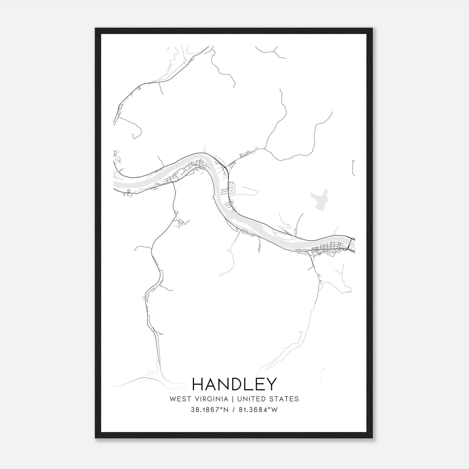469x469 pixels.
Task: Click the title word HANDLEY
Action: coord(234,384)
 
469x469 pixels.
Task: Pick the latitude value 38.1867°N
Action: coord(210,410)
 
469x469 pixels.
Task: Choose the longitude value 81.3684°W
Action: coord(257,410)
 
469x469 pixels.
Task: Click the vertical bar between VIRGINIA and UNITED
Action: coord(233,399)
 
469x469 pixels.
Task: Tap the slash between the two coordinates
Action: coord(233,410)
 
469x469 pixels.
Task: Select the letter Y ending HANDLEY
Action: coord(271,384)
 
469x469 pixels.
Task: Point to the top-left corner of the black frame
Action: coord(96,29)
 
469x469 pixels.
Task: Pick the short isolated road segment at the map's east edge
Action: coord(354,168)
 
